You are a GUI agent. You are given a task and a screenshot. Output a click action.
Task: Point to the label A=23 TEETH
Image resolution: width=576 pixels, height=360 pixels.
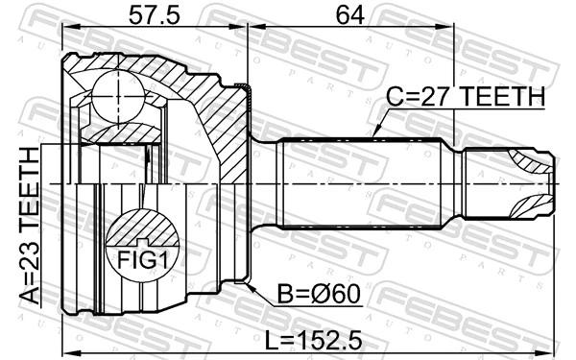30,227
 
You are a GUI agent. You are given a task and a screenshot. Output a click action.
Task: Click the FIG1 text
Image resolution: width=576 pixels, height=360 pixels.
143,260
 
